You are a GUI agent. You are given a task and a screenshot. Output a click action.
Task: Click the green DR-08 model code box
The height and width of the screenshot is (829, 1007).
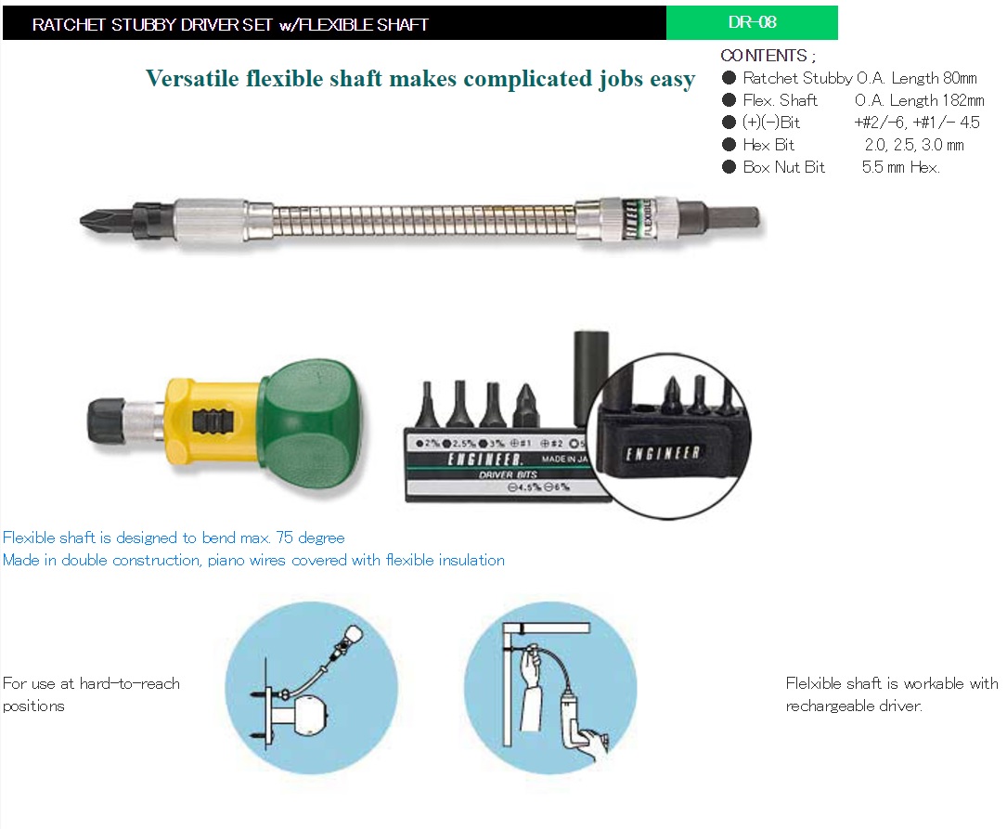click(752, 22)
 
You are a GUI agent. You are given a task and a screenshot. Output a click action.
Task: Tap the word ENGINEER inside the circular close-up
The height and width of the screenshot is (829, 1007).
click(662, 453)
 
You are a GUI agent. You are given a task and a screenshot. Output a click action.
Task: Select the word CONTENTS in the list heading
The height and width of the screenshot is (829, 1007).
click(763, 56)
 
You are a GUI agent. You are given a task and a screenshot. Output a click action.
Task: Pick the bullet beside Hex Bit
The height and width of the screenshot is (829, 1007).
click(729, 145)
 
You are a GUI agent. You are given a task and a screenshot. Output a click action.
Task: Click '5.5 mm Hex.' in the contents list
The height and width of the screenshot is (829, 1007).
click(900, 167)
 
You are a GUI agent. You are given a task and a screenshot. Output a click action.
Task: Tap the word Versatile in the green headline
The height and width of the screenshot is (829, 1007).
click(191, 78)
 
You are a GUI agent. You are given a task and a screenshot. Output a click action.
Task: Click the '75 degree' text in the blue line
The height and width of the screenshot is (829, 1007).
click(310, 538)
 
